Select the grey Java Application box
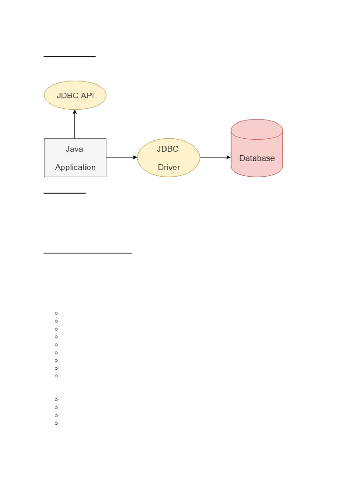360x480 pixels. (x=75, y=157)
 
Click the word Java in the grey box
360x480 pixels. (x=74, y=149)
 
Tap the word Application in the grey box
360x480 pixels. (x=75, y=167)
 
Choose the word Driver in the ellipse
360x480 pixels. (x=169, y=167)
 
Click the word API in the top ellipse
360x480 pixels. (x=87, y=95)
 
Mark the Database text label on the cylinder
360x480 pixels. (x=257, y=158)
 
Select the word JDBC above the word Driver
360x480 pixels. (x=168, y=149)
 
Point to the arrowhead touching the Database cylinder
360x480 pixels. (x=229, y=157)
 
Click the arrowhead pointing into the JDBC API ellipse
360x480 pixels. (x=75, y=112)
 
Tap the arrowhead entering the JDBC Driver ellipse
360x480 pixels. (x=135, y=157)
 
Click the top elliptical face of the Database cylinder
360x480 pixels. (x=257, y=129)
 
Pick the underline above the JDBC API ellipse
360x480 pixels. (x=69, y=56)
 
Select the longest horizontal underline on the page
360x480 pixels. (x=88, y=253)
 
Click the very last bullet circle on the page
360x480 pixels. (x=56, y=423)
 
